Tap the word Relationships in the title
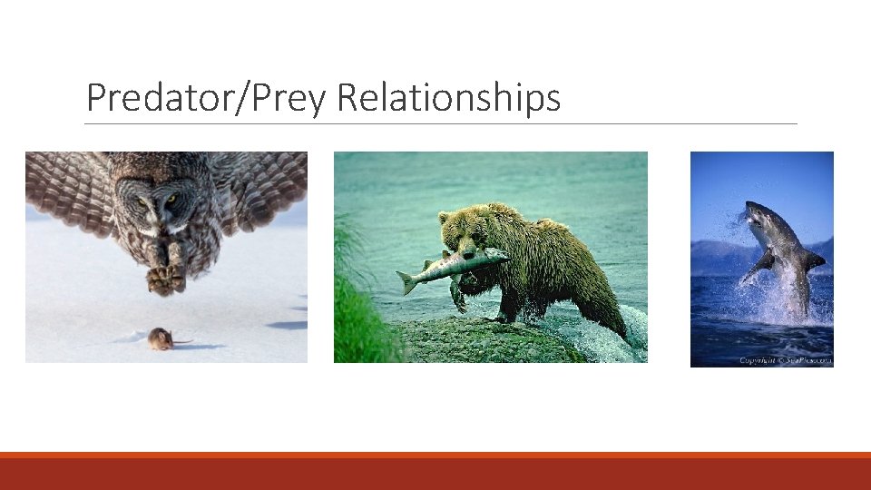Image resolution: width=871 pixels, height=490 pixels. tap(448, 98)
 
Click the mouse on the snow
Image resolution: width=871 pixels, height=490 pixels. tap(161, 338)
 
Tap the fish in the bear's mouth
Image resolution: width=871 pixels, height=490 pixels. tap(454, 265)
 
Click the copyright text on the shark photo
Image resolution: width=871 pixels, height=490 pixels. tap(784, 360)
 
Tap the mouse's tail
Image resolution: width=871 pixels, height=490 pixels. tap(182, 342)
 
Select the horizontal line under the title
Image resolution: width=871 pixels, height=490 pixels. tap(441, 124)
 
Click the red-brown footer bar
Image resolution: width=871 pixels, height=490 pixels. tap(435, 473)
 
